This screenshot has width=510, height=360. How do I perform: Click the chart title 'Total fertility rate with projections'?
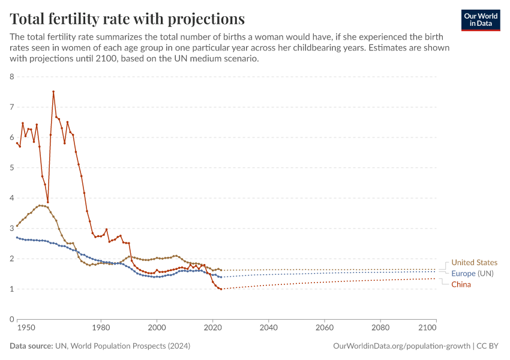click(127, 18)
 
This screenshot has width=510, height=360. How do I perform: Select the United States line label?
click(474, 263)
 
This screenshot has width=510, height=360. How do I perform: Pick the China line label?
click(461, 284)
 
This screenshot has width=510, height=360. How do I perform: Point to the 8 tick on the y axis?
click(12, 77)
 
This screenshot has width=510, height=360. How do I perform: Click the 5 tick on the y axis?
click(12, 168)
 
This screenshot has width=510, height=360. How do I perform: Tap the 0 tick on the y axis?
click(12, 319)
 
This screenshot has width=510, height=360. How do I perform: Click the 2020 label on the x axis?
click(212, 329)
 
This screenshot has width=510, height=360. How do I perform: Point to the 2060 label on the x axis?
click(324, 329)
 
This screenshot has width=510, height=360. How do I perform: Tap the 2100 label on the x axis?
click(427, 329)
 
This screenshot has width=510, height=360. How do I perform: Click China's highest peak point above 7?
click(53, 92)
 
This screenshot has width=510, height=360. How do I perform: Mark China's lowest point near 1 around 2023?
click(221, 289)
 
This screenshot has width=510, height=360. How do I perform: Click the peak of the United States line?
click(40, 205)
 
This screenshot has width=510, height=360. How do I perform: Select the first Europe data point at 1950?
click(17, 238)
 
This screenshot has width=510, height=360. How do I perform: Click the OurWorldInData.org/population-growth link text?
click(400, 346)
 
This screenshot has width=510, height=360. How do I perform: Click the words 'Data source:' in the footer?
click(31, 346)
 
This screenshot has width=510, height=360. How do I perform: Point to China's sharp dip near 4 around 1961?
click(48, 202)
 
